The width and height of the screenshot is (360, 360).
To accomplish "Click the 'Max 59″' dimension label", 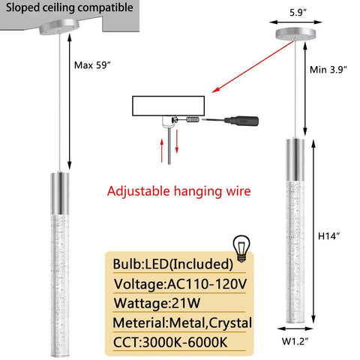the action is [92, 65].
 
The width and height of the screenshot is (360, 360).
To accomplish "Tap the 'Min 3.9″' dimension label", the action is [328, 70].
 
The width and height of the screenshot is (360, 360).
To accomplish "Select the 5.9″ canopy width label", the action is [298, 12].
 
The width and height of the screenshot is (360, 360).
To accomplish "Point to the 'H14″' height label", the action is [329, 236].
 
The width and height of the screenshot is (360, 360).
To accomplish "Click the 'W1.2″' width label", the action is [295, 341].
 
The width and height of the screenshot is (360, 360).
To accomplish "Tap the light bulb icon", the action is [241, 249].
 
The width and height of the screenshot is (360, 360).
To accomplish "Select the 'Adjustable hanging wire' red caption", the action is [178, 191].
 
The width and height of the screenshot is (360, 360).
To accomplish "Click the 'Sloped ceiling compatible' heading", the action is [70, 7].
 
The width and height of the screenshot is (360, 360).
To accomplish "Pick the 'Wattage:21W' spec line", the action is [157, 303].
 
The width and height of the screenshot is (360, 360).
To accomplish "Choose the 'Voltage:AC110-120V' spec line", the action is [180, 284].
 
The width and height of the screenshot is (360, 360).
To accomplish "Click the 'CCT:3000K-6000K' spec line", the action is [170, 342].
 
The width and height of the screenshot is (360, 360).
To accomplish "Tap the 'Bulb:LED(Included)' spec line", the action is [173, 264].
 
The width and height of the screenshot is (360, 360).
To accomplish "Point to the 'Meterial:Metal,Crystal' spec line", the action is [182, 322].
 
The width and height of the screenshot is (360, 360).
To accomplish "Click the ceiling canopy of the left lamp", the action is [59, 27].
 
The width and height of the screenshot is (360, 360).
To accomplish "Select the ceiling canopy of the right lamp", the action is [295, 34].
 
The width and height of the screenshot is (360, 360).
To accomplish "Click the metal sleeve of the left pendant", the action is [60, 193].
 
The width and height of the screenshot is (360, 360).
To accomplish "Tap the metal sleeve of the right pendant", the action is [295, 160].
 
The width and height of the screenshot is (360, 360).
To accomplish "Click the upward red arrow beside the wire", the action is [162, 151].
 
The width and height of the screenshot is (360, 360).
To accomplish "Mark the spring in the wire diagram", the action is [193, 120].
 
